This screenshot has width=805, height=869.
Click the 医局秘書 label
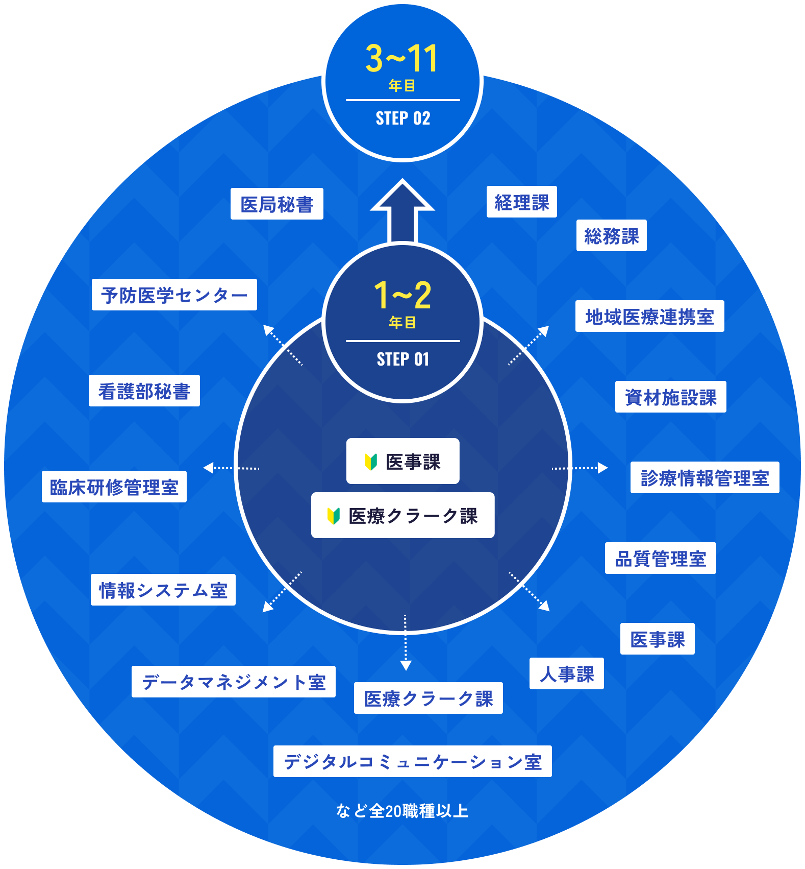point(276,204)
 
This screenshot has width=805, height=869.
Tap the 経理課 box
point(521,202)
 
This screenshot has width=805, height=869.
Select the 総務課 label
point(611,236)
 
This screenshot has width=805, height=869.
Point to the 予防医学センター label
point(174,295)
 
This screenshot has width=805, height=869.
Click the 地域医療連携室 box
point(649,317)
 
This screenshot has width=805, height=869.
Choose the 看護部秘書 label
point(144,391)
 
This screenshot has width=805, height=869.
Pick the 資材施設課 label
point(670,397)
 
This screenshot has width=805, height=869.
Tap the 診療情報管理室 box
point(705,478)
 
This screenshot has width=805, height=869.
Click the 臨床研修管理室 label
point(114,487)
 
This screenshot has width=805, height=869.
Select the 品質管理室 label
point(660,559)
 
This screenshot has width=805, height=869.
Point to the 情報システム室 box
point(163,590)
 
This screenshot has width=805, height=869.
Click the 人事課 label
point(566,674)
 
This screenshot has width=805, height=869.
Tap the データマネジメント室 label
point(233,682)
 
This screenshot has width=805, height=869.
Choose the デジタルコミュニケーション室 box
point(412,762)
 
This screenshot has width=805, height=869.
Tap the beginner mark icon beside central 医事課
point(370,462)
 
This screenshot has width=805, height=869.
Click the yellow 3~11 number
point(402,59)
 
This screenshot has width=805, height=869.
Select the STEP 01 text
point(403,359)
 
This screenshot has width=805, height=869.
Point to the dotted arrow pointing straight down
point(406,643)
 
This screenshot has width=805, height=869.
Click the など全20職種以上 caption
point(402,811)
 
